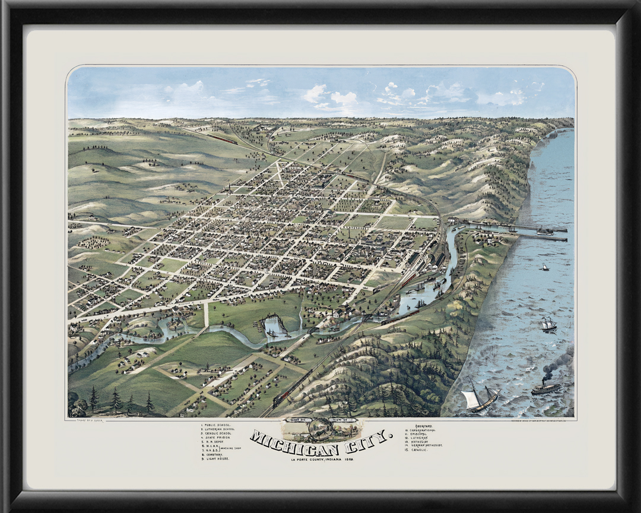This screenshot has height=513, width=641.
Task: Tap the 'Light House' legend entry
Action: [x=217, y=459]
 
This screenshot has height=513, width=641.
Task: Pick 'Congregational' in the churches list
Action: [x=421, y=429]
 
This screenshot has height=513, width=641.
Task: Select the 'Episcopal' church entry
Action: [x=417, y=433]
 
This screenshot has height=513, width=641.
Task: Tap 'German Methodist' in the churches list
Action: [x=425, y=445]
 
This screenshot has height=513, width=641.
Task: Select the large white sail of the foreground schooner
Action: [x=472, y=399]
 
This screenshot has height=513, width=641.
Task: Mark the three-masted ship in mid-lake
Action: [x=547, y=324]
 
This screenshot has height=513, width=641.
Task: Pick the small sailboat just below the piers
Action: [x=544, y=267]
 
